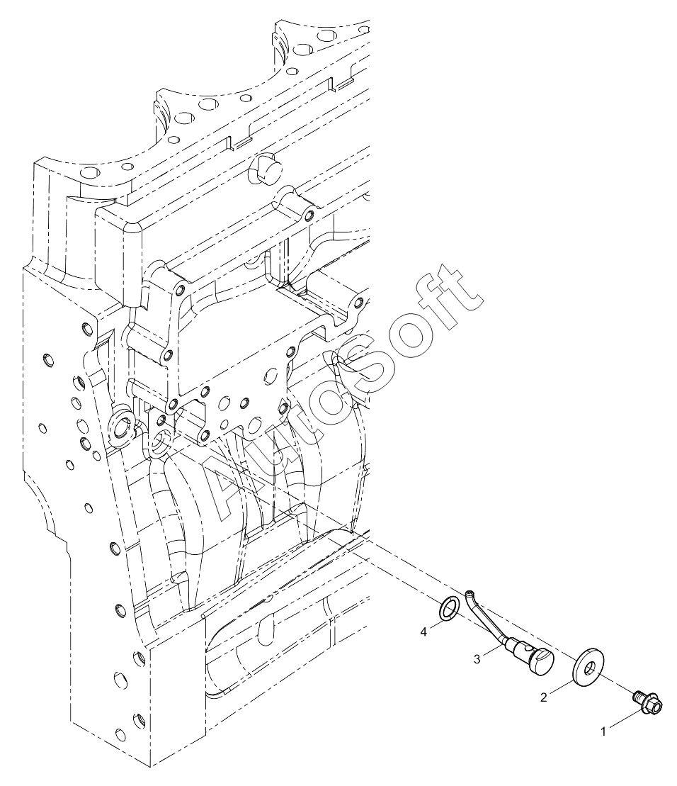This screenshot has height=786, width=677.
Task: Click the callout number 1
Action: click(x=603, y=732)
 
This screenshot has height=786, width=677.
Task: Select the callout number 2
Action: click(x=543, y=697)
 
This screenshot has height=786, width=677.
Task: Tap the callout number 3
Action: click(x=477, y=660)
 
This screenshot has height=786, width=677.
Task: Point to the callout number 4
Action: click(x=423, y=633)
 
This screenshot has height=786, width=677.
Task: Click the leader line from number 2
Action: click(x=561, y=687)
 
